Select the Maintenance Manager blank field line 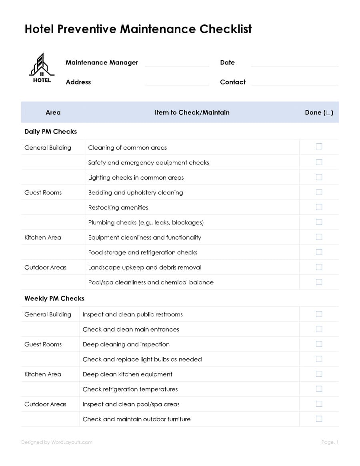(177, 64)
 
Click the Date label (227, 62)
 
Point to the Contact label (232, 82)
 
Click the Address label (78, 82)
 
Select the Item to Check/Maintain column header (192, 112)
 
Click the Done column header (319, 112)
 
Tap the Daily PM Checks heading (50, 132)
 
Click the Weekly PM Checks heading (54, 298)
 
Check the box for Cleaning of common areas (319, 146)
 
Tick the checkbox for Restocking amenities (319, 207)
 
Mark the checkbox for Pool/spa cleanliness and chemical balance (319, 282)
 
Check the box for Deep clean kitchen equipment (319, 374)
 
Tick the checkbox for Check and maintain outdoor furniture (319, 418)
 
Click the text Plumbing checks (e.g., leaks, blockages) (146, 222)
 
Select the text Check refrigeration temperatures (130, 389)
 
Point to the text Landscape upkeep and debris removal (145, 267)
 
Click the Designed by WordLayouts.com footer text (57, 442)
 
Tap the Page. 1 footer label (330, 442)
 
